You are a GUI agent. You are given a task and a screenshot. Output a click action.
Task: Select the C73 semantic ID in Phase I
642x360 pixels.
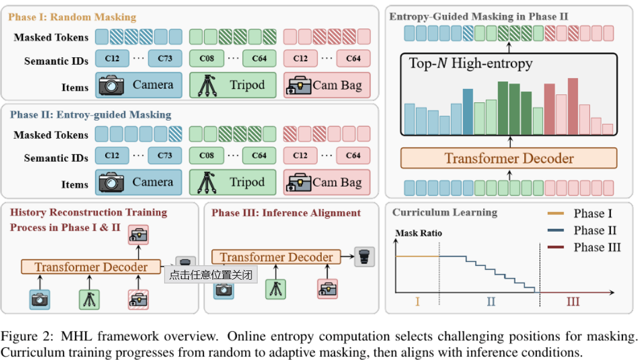(x=165, y=58)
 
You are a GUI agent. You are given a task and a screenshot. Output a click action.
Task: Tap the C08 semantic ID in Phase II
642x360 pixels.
(x=206, y=155)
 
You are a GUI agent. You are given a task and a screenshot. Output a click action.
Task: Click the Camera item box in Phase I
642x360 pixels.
(x=138, y=85)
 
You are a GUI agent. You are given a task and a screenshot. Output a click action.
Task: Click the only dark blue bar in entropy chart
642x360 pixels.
(x=468, y=111)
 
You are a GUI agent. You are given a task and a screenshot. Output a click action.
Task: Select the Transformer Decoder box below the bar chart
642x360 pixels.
(x=509, y=158)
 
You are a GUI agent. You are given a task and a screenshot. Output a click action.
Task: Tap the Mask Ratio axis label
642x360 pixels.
(x=418, y=234)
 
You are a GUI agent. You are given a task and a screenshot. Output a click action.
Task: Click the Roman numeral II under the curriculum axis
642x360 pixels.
(x=491, y=302)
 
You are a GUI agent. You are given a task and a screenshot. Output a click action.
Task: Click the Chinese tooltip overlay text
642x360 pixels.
(x=210, y=274)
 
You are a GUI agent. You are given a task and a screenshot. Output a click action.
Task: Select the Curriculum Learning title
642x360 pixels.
(x=436, y=212)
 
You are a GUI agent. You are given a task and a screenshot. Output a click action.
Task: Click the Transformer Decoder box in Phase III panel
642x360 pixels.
(x=276, y=257)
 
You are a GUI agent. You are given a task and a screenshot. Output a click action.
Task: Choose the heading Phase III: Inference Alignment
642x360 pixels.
(x=286, y=213)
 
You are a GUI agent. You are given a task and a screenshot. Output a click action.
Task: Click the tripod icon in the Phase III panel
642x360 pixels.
(x=276, y=288)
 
